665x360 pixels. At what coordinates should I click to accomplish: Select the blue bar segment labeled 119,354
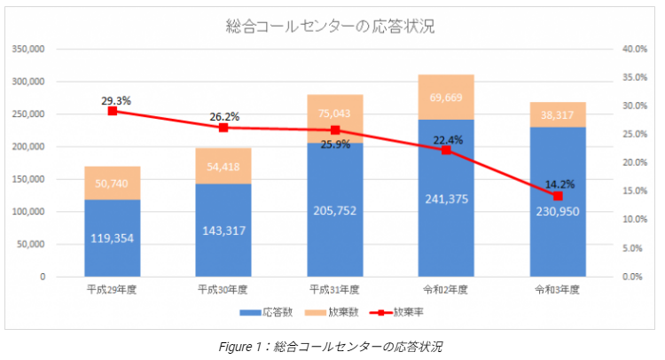tap(113, 237)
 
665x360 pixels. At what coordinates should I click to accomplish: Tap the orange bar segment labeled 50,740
tap(113, 184)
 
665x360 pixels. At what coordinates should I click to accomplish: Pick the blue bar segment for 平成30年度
tap(223, 230)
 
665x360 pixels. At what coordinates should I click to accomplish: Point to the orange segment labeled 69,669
tap(446, 98)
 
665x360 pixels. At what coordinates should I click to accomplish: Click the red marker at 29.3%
tap(113, 111)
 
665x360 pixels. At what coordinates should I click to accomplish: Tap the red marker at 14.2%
tap(558, 196)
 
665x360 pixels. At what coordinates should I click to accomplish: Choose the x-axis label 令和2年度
tap(446, 289)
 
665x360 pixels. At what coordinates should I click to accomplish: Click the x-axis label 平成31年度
tap(335, 289)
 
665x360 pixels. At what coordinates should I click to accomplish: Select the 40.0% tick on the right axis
tap(633, 49)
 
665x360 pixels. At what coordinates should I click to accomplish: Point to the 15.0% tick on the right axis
tap(633, 192)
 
